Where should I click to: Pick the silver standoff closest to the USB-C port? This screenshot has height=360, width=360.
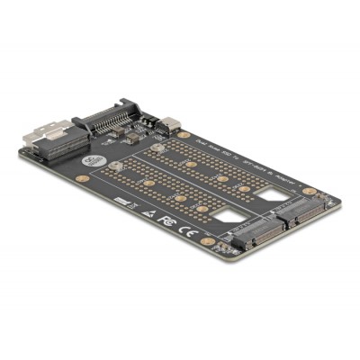pyautogui.click(x=157, y=148)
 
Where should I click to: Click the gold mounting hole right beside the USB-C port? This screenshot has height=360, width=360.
pyautogui.click(x=184, y=135)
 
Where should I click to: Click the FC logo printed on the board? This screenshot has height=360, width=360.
pyautogui.click(x=164, y=219)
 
